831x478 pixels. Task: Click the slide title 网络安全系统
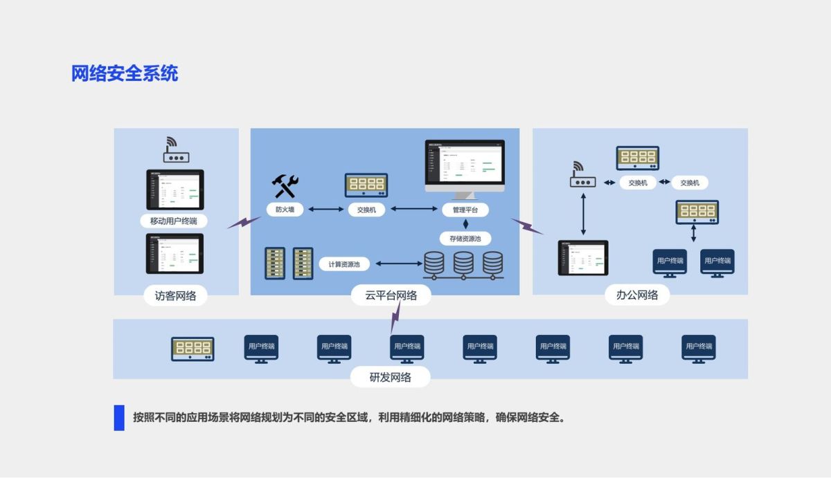[125, 73]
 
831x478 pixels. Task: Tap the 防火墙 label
[285, 209]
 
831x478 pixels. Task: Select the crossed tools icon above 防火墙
[285, 186]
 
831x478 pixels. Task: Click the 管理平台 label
[465, 209]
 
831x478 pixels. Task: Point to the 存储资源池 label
[465, 239]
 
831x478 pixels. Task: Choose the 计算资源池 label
[344, 264]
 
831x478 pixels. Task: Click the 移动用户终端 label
[173, 221]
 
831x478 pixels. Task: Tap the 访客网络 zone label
[175, 295]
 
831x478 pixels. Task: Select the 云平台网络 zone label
[391, 295]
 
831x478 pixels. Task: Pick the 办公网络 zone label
[637, 295]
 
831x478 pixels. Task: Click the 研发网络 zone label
[391, 378]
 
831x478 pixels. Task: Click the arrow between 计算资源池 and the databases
[398, 264]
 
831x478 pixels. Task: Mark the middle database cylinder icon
[463, 264]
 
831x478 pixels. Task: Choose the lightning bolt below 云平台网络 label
[395, 318]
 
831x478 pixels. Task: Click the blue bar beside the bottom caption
[119, 418]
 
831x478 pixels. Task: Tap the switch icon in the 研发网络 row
[193, 349]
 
